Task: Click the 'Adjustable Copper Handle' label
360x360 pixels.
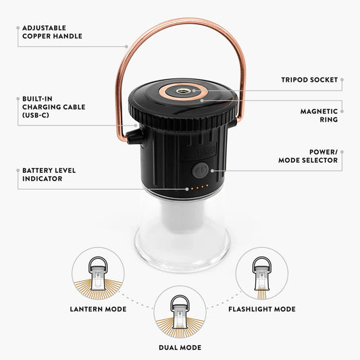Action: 52,32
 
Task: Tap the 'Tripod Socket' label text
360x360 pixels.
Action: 309,80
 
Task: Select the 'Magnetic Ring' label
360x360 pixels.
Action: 319,115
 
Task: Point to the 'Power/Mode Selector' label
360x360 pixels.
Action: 308,156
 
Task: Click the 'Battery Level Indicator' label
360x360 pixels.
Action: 49,174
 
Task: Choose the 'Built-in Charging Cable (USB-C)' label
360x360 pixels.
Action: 54,107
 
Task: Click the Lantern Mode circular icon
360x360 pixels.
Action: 98,274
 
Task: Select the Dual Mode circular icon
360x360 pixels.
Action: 180,312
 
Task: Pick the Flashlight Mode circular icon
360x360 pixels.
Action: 262,274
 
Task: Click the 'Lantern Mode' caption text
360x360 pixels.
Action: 98,309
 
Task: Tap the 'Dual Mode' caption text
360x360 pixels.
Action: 180,348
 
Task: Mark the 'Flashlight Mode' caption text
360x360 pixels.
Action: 262,309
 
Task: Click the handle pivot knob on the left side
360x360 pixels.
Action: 134,138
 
